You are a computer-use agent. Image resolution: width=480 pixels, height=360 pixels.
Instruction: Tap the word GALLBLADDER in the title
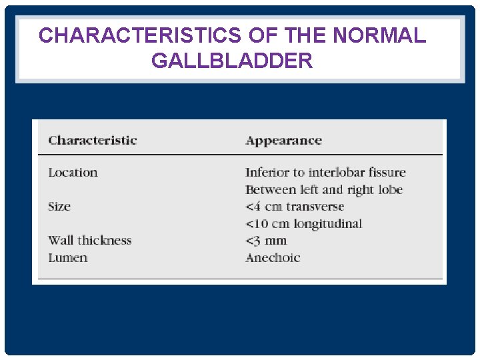tap(232, 61)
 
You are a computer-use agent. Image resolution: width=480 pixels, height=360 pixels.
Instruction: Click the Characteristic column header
tap(92, 140)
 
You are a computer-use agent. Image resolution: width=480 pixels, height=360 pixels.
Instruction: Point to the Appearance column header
tap(283, 140)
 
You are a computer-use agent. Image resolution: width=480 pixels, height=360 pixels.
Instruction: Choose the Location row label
tap(73, 172)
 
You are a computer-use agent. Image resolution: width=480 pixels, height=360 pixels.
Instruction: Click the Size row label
tap(59, 206)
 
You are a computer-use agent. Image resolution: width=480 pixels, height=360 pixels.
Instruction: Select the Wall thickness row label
tap(90, 240)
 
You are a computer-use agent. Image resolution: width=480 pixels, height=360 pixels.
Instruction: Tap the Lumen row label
tap(67, 257)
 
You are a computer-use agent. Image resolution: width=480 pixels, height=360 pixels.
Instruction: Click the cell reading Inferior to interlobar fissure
tap(325, 172)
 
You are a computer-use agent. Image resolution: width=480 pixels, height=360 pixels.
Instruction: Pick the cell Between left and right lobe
tap(324, 189)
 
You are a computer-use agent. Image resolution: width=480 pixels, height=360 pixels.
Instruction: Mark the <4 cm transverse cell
tap(295, 206)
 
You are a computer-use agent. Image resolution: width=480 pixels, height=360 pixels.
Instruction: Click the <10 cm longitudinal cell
tap(303, 223)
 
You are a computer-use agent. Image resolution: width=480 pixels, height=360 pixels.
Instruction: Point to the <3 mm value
tap(266, 240)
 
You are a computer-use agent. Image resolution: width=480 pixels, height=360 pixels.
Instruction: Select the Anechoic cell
tap(273, 257)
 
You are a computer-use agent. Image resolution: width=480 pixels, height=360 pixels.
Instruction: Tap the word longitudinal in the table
tap(327, 223)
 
